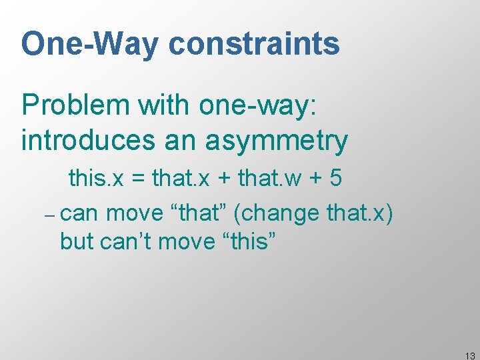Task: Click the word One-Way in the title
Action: coord(90,45)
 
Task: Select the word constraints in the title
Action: coord(254,45)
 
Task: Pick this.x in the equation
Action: coord(94,179)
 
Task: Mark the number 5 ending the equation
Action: coord(335,179)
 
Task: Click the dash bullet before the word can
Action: coord(49,216)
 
